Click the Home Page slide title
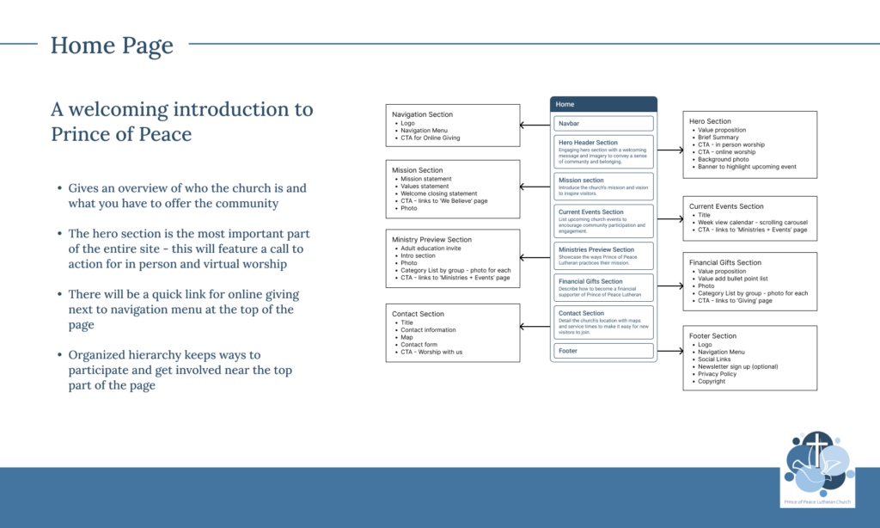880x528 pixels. tap(112, 46)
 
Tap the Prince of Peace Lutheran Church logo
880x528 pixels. tap(816, 464)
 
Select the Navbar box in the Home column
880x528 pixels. tap(603, 124)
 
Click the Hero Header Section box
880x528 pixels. tap(603, 151)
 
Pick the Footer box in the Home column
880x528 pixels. tap(603, 351)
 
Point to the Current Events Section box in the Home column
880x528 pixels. tap(603, 221)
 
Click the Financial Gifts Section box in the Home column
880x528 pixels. tap(603, 286)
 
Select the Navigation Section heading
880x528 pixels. tap(422, 114)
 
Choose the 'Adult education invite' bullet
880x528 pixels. tap(434, 248)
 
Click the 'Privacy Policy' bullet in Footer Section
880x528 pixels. tap(717, 374)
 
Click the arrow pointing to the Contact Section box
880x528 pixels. tap(535, 326)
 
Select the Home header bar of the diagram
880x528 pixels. tap(603, 104)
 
